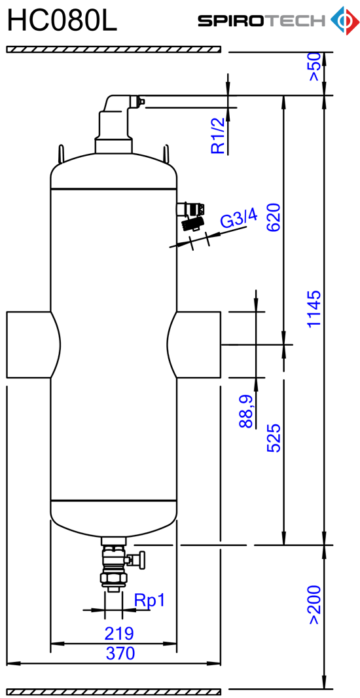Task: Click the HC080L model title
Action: point(62,22)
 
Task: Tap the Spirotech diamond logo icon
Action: point(344,20)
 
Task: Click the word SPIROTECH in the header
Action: point(262,21)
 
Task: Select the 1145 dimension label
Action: point(314,308)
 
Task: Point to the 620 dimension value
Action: point(273,217)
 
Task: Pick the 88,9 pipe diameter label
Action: point(247,412)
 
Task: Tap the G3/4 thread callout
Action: point(240,218)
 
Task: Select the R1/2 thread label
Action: point(218,136)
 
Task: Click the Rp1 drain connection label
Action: point(149,601)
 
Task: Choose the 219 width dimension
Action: point(119,633)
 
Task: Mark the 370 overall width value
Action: point(120,653)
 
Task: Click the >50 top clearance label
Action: point(314,67)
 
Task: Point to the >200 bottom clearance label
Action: point(314,605)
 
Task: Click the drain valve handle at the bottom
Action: point(141,559)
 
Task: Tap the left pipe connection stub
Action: point(33,345)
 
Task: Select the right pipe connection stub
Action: point(194,345)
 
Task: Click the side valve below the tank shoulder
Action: point(191,215)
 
